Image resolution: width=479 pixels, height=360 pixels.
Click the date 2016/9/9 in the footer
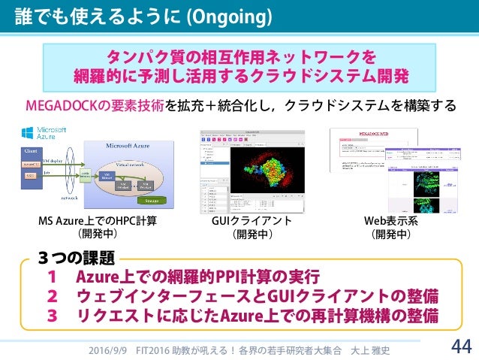point(106,349)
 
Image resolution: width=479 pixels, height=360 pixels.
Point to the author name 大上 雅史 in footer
point(372,349)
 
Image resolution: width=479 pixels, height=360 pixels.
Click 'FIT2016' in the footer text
point(152,349)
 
